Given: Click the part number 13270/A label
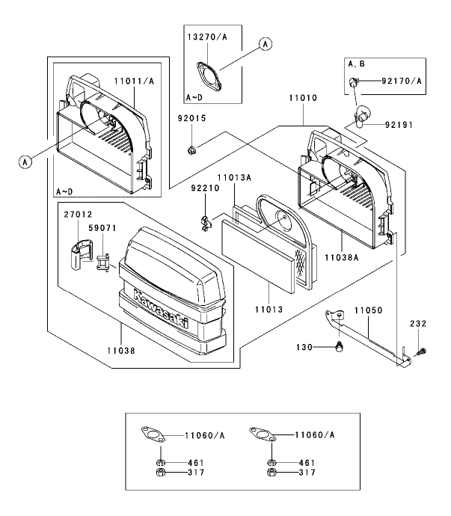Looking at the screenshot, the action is [x=207, y=37].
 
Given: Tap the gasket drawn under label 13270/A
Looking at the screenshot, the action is [x=209, y=76].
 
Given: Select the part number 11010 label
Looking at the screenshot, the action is [x=303, y=98].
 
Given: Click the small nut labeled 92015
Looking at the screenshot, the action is [x=191, y=150].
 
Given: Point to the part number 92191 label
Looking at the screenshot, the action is [x=399, y=125].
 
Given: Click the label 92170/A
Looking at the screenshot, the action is [x=402, y=81].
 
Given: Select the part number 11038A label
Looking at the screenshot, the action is [x=342, y=257].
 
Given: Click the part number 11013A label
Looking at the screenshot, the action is [x=234, y=178].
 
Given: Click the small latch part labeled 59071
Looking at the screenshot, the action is [x=103, y=262].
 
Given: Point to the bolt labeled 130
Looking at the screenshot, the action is [x=338, y=347].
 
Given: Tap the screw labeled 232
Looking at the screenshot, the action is [x=420, y=351].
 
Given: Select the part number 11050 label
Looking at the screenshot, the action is [x=369, y=310].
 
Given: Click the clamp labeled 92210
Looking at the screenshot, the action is [x=206, y=224].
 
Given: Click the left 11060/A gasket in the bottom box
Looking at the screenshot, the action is [x=153, y=434].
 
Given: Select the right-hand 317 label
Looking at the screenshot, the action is [x=307, y=472].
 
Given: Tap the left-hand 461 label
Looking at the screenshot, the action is [x=196, y=463].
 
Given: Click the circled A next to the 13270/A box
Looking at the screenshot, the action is [x=266, y=44].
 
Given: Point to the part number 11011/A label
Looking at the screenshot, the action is [x=134, y=81].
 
